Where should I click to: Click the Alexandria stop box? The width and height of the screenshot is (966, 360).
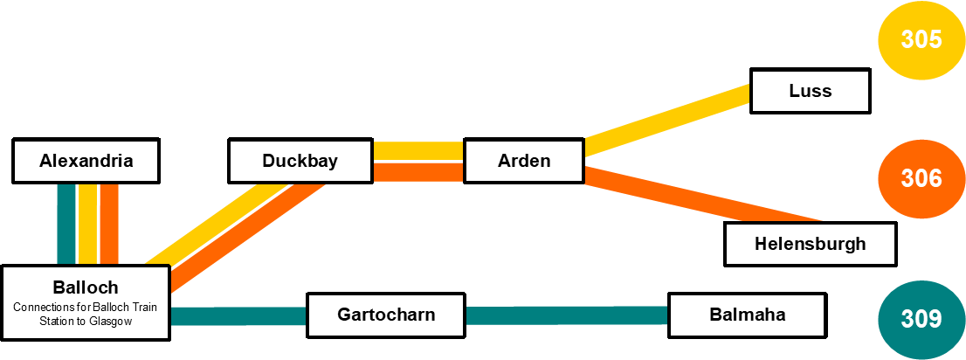[86, 161]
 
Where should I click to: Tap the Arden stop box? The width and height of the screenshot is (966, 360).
[523, 161]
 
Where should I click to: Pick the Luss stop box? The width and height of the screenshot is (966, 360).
[810, 91]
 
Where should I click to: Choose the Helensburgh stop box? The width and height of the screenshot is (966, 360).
[810, 244]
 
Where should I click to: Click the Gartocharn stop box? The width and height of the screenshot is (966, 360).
[386, 315]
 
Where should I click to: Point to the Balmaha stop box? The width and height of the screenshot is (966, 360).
[747, 315]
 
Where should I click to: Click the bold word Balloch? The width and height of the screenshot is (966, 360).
[86, 287]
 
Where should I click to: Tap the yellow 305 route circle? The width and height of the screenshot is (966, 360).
[921, 40]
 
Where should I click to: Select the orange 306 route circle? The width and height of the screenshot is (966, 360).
[921, 179]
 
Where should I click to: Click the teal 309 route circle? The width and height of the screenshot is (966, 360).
[921, 319]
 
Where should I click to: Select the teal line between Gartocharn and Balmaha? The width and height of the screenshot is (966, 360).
[568, 315]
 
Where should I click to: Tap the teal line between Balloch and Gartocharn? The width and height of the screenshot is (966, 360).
[238, 315]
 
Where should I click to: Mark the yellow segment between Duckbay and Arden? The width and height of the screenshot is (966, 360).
[417, 150]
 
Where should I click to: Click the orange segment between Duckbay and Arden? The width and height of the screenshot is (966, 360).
[417, 171]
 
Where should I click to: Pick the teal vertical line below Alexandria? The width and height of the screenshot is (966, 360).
[66, 223]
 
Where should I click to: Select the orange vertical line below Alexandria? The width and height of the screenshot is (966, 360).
[108, 223]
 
